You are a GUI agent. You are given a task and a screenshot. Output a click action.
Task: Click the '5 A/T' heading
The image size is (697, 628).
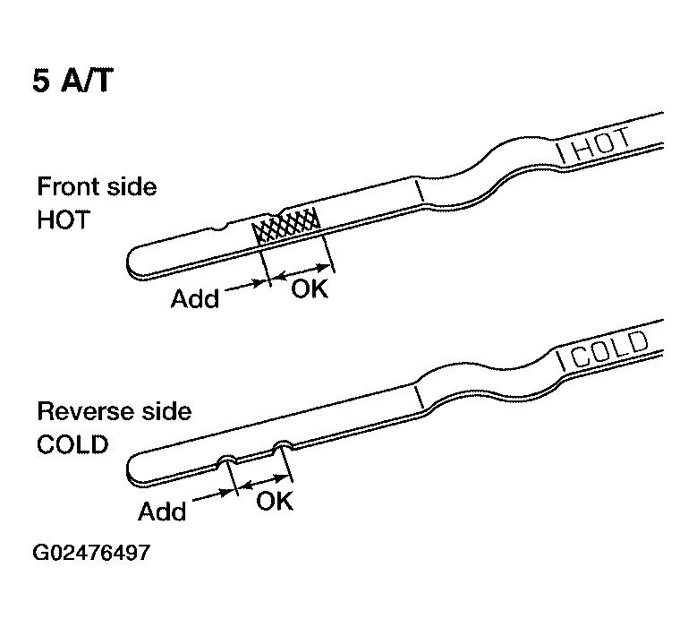point(72,81)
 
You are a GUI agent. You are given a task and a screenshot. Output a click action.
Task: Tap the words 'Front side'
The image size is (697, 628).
point(97,186)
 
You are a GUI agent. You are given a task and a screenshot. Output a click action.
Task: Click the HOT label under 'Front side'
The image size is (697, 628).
point(64,219)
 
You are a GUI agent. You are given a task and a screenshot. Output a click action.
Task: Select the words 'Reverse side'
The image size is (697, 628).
point(115,411)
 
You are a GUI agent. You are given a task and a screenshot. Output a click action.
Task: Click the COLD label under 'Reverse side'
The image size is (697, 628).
point(72,444)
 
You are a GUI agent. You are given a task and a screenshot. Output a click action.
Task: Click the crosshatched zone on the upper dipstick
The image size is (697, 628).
point(286,225)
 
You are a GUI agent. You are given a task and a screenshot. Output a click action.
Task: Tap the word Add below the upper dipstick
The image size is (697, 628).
point(195,298)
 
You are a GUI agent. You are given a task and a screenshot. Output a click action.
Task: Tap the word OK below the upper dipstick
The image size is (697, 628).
point(310,288)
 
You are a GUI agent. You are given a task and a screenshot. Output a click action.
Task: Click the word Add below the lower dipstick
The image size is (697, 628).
point(162,512)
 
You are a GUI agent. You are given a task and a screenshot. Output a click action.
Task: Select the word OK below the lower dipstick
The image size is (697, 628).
point(275,501)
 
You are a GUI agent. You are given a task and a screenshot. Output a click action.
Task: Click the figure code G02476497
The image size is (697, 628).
point(91,553)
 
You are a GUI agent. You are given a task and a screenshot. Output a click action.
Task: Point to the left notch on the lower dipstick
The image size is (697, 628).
point(228,460)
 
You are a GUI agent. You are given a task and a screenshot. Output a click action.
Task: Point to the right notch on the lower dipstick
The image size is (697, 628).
point(283,445)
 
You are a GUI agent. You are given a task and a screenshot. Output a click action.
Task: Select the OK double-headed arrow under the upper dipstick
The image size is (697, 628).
point(301,272)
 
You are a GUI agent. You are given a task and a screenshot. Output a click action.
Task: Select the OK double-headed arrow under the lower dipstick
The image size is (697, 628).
point(264,483)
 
